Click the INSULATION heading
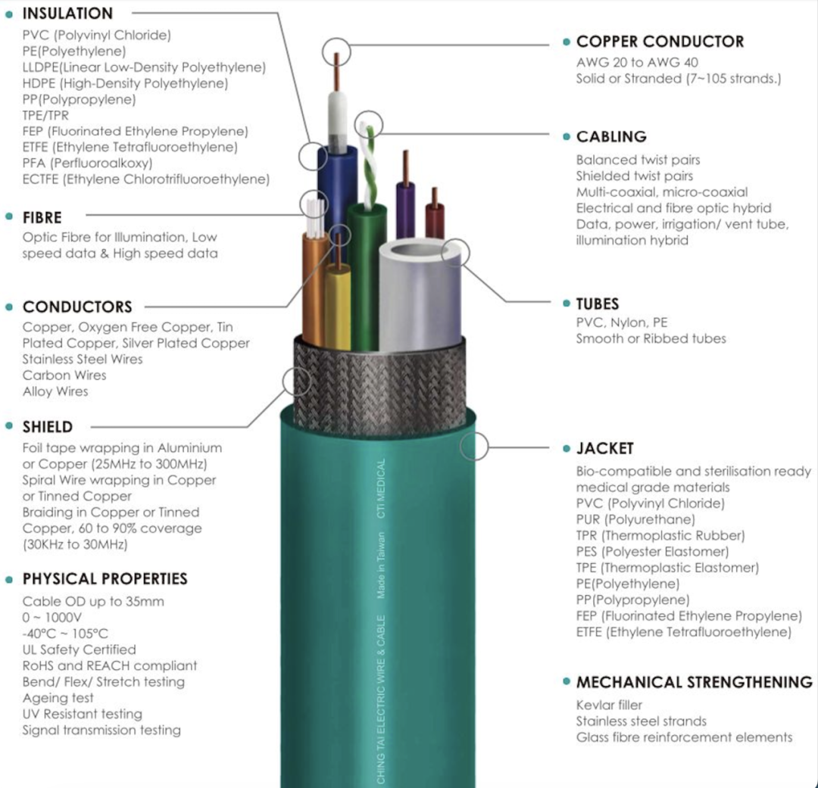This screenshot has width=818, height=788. (67, 14)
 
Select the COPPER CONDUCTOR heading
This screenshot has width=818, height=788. (660, 42)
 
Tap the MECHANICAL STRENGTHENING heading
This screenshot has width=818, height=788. (695, 682)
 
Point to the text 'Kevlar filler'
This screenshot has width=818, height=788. (609, 705)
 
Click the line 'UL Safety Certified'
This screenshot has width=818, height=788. (80, 649)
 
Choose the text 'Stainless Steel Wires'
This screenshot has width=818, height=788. (83, 360)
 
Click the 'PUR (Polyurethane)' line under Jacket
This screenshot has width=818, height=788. (635, 519)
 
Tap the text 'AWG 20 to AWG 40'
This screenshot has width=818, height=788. (637, 63)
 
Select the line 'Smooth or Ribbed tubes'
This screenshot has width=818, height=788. (651, 339)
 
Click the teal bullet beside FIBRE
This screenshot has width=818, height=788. (9, 216)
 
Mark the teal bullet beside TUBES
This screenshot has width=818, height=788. (567, 304)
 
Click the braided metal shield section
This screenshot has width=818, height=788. (379, 386)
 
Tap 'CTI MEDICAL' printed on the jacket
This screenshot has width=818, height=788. (381, 489)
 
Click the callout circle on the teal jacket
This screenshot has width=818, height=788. (474, 447)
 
